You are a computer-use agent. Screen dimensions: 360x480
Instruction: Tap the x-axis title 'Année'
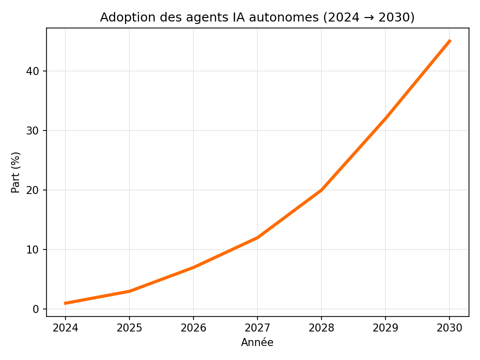coord(257,342)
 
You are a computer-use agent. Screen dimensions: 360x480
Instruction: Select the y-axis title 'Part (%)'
coord(16,172)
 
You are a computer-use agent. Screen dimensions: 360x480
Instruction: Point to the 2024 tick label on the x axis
coord(65,329)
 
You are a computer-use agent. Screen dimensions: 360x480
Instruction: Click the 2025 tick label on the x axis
coord(129,329)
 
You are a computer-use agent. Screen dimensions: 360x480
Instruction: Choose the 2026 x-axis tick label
coord(193,329)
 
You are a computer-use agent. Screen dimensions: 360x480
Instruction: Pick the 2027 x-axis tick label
coord(257,329)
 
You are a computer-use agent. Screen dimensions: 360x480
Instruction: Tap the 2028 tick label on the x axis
coord(321,329)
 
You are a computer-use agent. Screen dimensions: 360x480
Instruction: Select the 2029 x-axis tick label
coord(385,329)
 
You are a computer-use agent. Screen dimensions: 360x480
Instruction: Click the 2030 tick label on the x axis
coord(449,329)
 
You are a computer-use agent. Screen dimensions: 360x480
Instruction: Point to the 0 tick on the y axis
coord(36,309)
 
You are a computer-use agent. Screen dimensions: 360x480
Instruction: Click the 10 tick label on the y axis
coord(33,249)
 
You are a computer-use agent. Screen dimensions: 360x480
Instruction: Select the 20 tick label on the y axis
coord(33,190)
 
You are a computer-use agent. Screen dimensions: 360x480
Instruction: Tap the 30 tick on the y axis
coord(33,130)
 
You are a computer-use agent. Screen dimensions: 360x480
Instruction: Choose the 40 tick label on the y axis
coord(33,71)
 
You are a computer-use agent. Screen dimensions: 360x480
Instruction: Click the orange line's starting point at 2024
coord(65,303)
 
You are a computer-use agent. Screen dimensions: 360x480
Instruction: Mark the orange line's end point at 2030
coord(449,41)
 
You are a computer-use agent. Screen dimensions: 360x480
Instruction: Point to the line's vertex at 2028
coord(321,190)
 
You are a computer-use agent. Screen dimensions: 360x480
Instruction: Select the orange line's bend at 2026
coord(193,267)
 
